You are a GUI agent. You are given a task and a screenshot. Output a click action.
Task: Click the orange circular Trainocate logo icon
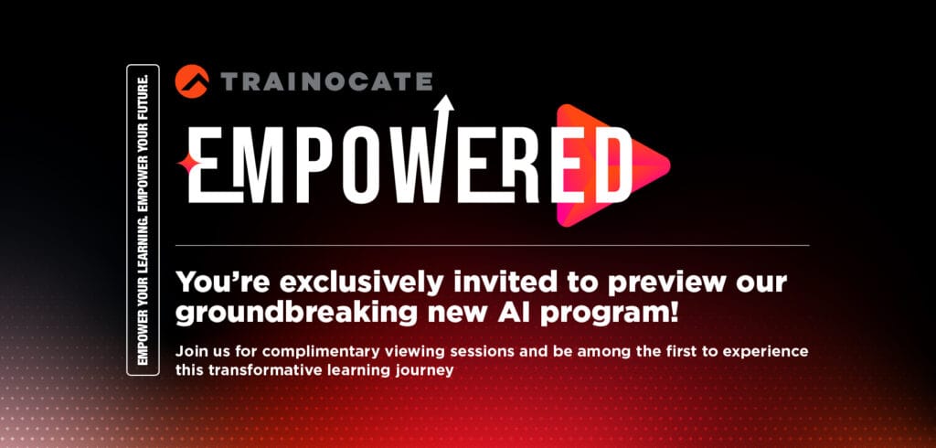tap(192, 81)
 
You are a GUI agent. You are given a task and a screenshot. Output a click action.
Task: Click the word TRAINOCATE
tap(326, 81)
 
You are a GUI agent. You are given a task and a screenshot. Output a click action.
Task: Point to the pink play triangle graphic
tap(612, 165)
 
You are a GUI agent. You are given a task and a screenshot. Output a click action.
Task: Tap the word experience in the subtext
tap(771, 352)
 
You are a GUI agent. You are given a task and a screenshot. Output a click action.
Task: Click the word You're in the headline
tap(212, 283)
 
